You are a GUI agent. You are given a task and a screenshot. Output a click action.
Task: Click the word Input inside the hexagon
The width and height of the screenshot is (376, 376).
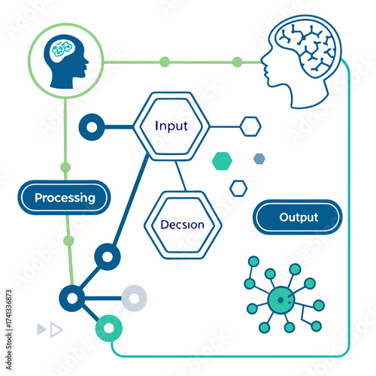171,126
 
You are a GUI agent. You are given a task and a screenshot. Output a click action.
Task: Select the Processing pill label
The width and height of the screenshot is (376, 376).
65,198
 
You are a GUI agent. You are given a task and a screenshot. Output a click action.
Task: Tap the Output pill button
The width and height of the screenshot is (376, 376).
299,217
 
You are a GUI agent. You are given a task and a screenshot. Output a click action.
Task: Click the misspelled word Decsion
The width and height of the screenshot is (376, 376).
183,225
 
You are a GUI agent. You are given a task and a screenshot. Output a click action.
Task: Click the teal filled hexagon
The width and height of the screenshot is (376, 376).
223,160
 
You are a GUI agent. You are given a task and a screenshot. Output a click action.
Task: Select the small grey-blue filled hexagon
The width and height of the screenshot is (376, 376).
259,159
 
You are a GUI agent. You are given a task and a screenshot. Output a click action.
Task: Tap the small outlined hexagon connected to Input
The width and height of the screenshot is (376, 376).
250,126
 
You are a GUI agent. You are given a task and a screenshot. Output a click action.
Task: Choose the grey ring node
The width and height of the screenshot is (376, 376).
134,298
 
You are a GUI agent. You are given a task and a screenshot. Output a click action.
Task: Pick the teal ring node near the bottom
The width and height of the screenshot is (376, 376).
109,328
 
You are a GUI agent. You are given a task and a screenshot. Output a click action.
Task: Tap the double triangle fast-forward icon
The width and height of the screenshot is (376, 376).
50,329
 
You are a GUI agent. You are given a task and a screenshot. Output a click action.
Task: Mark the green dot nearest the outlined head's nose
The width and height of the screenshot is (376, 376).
237,62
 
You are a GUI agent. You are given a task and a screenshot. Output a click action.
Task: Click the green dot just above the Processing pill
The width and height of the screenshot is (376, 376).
65,167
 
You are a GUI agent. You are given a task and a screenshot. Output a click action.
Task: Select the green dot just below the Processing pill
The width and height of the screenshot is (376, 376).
68,241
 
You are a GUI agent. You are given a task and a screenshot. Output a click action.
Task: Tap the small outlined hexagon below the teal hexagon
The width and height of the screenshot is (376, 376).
238,187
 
